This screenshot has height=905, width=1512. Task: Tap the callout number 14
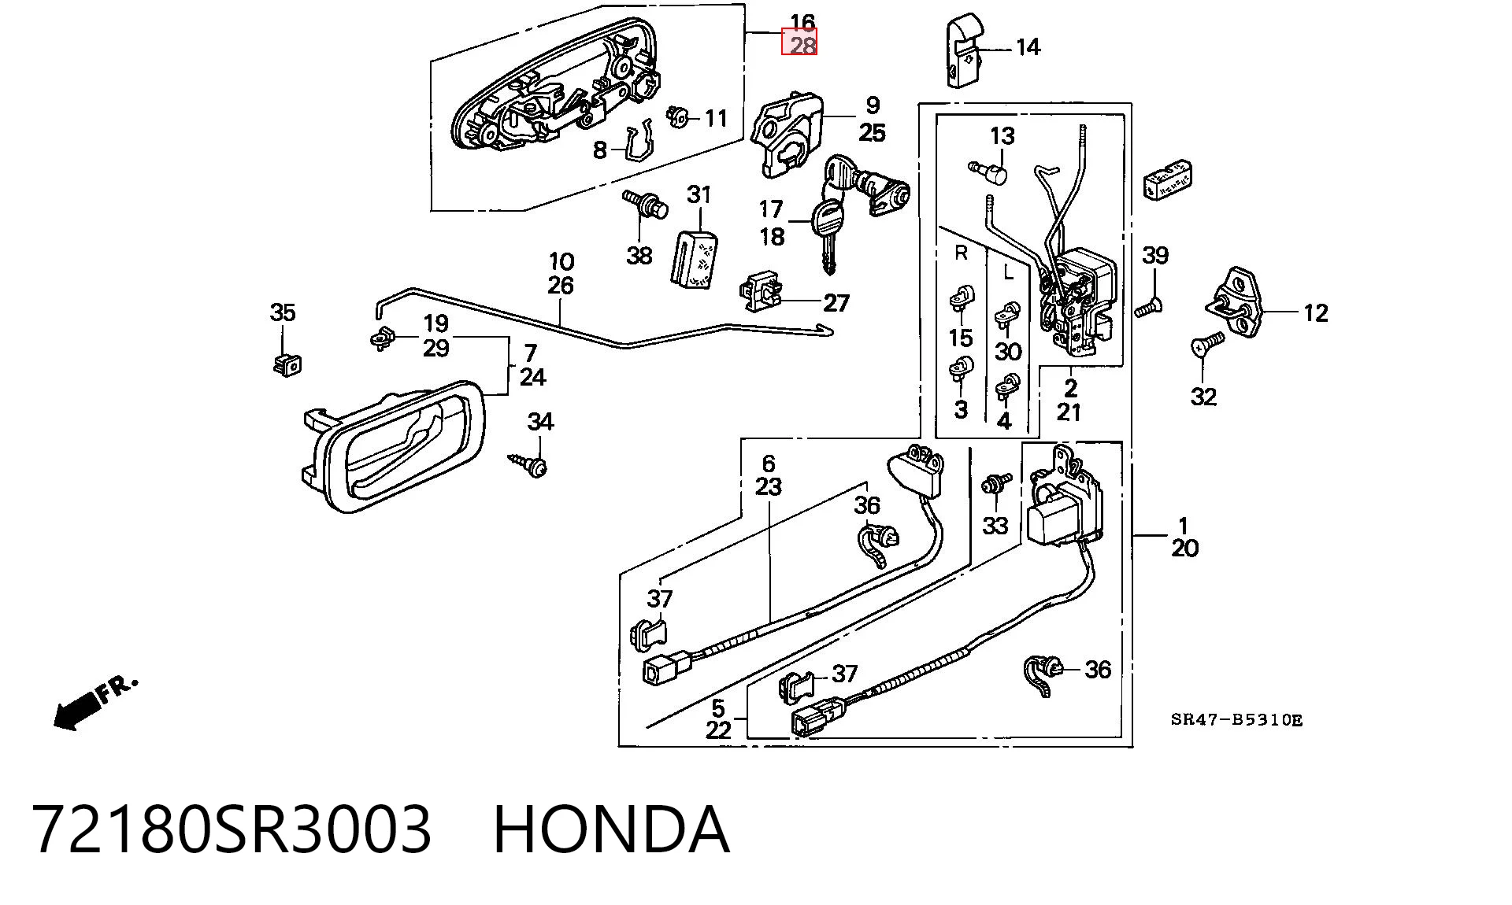click(1028, 47)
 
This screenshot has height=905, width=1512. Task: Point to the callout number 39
click(1155, 255)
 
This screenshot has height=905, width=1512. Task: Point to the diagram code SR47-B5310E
click(1236, 719)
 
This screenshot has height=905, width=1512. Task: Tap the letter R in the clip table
click(961, 253)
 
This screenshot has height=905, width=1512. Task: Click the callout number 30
click(1008, 351)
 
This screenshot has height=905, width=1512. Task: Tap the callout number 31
click(699, 194)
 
